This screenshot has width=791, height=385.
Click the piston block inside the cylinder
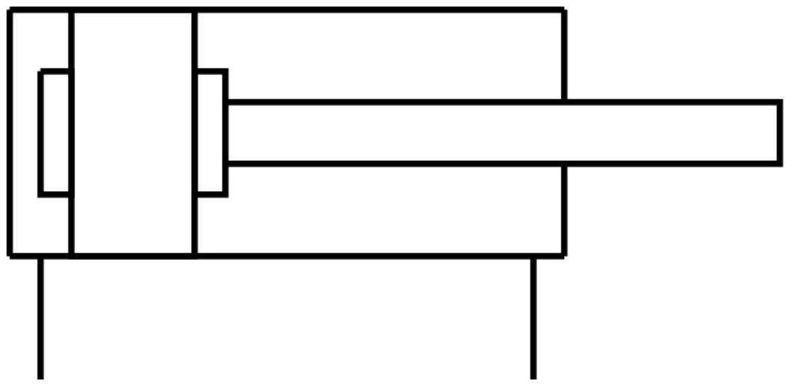[x=133, y=133]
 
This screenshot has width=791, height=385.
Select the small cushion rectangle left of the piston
[x=55, y=133]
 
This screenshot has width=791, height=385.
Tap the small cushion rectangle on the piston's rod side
[x=210, y=133]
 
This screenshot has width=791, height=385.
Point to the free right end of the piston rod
[x=780, y=133]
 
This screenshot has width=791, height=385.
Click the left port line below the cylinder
[x=40, y=318]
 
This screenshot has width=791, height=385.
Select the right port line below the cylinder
[x=533, y=318]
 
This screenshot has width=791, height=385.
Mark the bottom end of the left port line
[x=40, y=377]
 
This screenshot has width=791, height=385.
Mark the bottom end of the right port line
[x=533, y=377]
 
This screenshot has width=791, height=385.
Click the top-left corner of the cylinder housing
[x=10, y=10]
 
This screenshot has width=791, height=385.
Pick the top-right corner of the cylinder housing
[x=564, y=10]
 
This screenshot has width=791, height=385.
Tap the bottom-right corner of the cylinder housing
[x=564, y=255]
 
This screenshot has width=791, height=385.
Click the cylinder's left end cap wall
[x=10, y=133]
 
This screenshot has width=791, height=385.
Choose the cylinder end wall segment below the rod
[x=564, y=210]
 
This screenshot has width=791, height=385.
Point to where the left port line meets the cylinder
[x=40, y=256]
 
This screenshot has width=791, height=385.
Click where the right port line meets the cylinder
[x=533, y=256]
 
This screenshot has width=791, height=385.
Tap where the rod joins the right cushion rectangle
[x=226, y=133]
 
